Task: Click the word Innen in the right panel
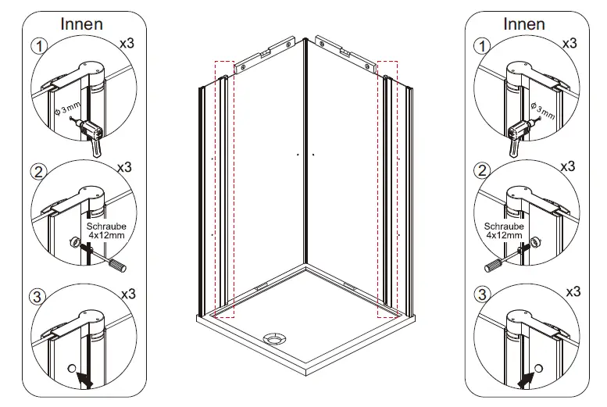coord(523,24)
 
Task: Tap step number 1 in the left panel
coord(37,46)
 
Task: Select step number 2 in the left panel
coord(37,171)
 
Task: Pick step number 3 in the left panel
coord(37,296)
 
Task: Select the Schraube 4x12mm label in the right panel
coord(503,230)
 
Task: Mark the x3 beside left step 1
coord(127,45)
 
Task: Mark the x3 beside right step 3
coord(572,291)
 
